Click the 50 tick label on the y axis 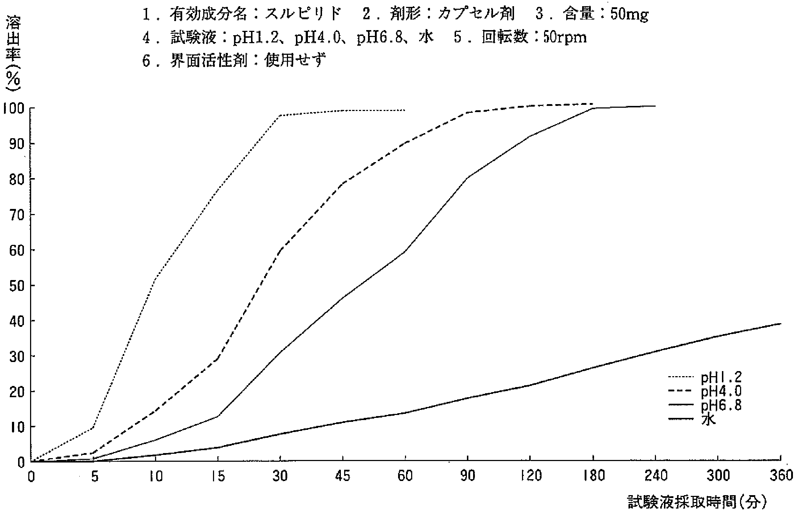(16, 285)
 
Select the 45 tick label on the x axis (343, 476)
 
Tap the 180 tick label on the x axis (593, 476)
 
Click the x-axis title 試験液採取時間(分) (697, 502)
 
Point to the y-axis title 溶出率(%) (13, 54)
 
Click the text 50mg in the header (629, 15)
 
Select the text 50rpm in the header (565, 37)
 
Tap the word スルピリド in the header (304, 15)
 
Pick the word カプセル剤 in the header (476, 15)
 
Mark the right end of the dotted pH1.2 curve (405, 110)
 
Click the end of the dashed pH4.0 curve (593, 104)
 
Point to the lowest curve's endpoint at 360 (781, 323)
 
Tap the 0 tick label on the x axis (32, 476)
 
